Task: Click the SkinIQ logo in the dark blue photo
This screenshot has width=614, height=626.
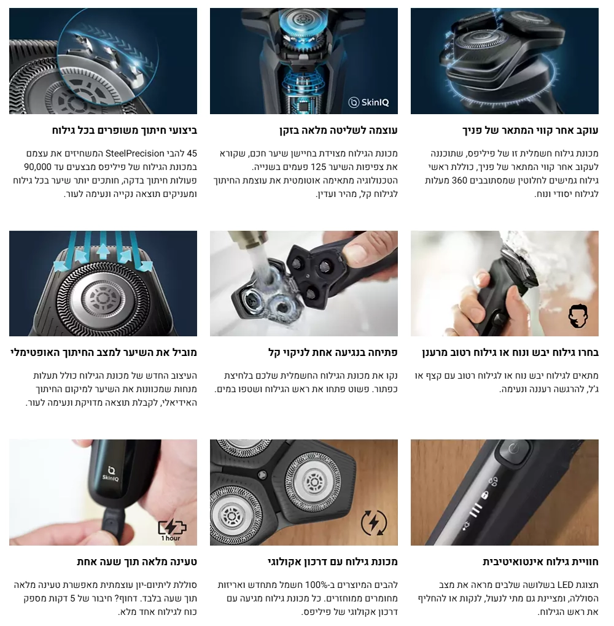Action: (368, 102)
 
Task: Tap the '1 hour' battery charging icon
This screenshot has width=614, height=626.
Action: (172, 530)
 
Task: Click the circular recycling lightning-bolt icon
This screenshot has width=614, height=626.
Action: (374, 523)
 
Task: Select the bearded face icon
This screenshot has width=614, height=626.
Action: (578, 316)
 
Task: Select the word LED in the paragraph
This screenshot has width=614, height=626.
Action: (565, 585)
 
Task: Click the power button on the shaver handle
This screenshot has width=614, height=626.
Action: (514, 449)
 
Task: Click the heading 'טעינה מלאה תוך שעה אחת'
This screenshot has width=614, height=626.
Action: (137, 562)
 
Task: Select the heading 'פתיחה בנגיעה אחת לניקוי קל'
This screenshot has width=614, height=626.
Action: (333, 352)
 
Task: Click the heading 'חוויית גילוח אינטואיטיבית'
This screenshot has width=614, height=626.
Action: (540, 562)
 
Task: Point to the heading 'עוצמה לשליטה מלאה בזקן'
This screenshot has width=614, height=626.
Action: (338, 130)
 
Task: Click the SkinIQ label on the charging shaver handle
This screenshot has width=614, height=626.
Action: (111, 474)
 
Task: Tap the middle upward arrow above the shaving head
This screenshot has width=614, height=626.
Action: (103, 250)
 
